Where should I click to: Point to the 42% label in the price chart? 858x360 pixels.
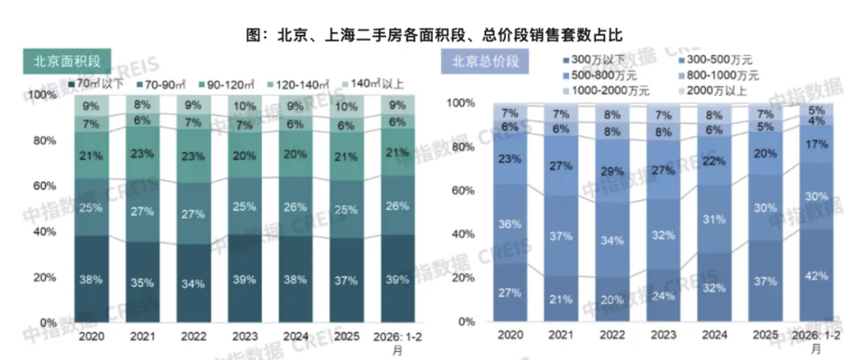815,276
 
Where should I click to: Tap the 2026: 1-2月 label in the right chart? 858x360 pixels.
815,342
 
